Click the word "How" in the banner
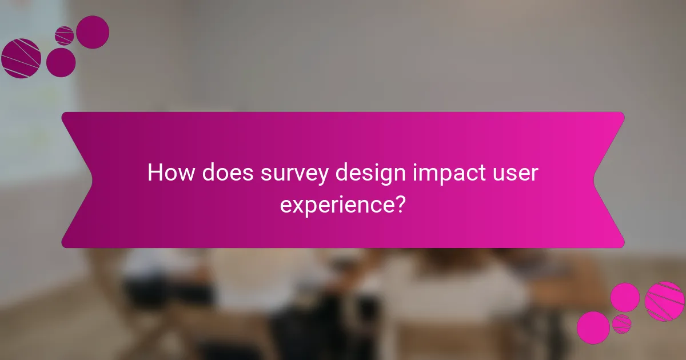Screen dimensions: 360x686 169,173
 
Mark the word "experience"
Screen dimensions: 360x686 337,203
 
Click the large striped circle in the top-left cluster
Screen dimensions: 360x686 21,58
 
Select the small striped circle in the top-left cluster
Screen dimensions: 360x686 65,35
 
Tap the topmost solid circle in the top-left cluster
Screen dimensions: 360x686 93,32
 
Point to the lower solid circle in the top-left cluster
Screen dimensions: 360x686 61,62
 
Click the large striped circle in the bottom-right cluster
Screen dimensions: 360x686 664,301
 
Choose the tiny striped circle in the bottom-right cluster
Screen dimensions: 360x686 621,324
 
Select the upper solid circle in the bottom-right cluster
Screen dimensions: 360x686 625,298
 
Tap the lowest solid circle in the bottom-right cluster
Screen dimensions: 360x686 593,327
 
